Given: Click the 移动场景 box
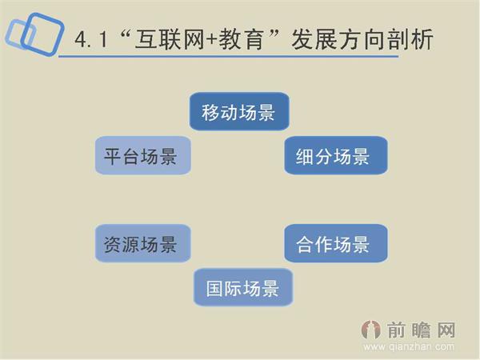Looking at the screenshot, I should [239, 112].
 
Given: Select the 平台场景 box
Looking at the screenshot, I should [143, 155].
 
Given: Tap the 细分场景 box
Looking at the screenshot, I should [336, 155].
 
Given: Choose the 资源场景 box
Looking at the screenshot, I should [143, 243].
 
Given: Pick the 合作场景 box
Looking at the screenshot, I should [336, 243].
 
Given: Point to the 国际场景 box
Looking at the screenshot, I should [242, 287].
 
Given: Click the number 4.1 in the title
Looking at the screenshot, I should [90, 39].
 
